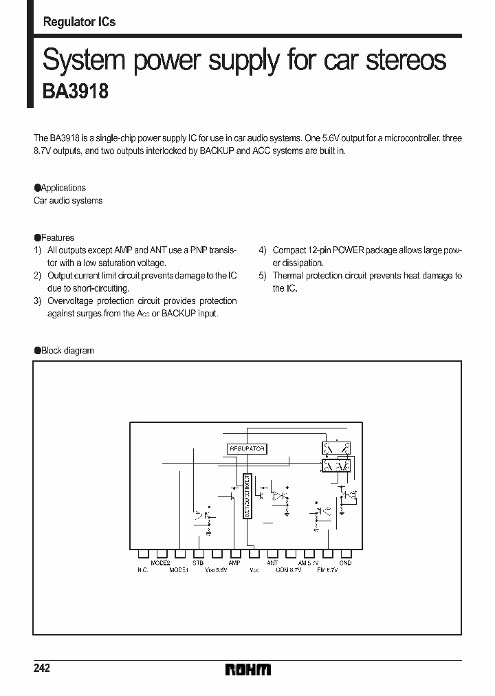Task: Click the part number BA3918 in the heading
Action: pos(76,92)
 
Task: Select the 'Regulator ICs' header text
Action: pos(79,22)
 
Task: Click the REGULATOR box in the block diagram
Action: pos(246,448)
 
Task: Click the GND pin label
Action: pos(345,563)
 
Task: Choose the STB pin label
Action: pos(198,563)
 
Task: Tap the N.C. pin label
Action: pos(143,570)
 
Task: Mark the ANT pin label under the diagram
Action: pos(272,563)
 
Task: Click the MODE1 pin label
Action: pos(179,570)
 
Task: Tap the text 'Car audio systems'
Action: pos(68,201)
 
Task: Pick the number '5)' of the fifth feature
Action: pos(263,276)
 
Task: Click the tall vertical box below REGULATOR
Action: pos(247,496)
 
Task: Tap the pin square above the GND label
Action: pos(346,553)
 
